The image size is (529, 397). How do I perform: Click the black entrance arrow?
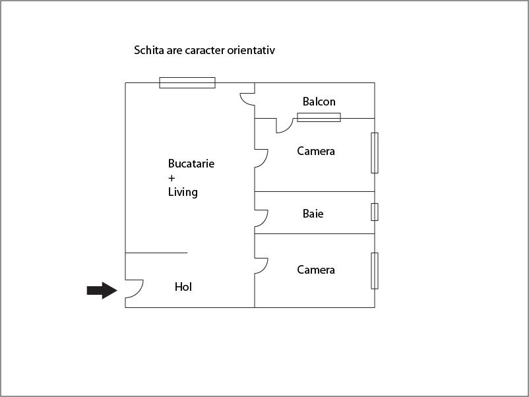(102, 290)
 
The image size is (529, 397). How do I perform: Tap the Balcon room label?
(319, 102)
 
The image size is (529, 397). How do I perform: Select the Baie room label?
(313, 214)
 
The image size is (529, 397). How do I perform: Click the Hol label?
(183, 287)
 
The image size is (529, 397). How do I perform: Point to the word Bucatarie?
(191, 164)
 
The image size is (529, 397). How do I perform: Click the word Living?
(183, 193)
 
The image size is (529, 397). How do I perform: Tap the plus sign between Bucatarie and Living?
(171, 178)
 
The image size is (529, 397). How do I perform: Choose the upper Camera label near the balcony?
(316, 151)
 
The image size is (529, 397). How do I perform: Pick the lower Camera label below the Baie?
(316, 270)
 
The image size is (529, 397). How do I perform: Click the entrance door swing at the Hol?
(135, 289)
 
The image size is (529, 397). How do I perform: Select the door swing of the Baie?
(261, 218)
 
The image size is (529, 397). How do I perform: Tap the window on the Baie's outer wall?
(375, 212)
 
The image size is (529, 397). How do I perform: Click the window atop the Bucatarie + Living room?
(187, 82)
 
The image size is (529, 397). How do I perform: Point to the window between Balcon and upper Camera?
(319, 117)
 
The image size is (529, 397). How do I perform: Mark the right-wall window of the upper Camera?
(375, 153)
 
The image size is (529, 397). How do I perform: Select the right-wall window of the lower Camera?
(375, 270)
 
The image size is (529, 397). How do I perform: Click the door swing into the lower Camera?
(261, 266)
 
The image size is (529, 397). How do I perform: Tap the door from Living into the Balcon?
(247, 99)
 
